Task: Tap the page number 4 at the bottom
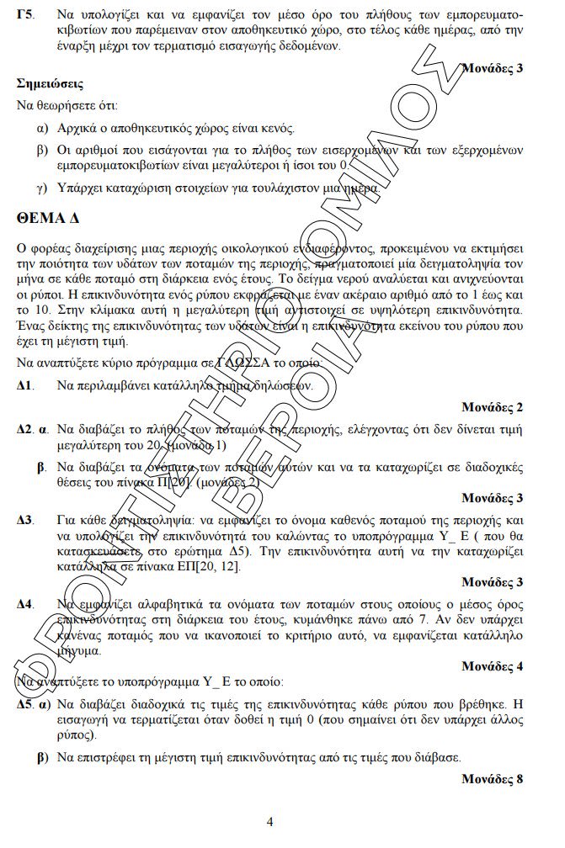[x=269, y=822]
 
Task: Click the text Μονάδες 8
[x=492, y=779]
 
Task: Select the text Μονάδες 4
[x=492, y=666]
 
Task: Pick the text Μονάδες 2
[x=492, y=407]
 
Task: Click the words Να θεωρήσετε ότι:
[x=67, y=106]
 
